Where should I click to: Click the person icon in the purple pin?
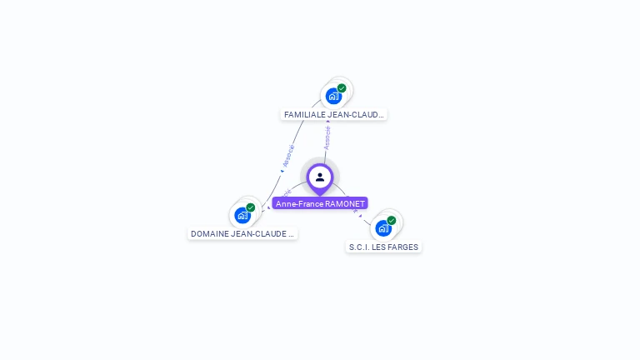click(x=320, y=177)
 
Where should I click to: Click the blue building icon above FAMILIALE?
click(x=333, y=96)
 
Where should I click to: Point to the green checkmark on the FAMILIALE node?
click(x=342, y=87)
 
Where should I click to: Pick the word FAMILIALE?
click(x=304, y=115)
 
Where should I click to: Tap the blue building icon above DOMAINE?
click(x=242, y=215)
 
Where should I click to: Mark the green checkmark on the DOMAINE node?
click(x=251, y=207)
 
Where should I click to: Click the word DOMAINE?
click(x=209, y=234)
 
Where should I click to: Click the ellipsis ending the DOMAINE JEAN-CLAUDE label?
click(x=291, y=235)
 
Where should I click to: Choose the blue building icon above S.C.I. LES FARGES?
click(x=382, y=227)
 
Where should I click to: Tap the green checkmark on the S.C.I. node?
click(x=392, y=220)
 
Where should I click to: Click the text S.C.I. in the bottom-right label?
click(x=359, y=247)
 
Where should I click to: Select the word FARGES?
click(x=404, y=247)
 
